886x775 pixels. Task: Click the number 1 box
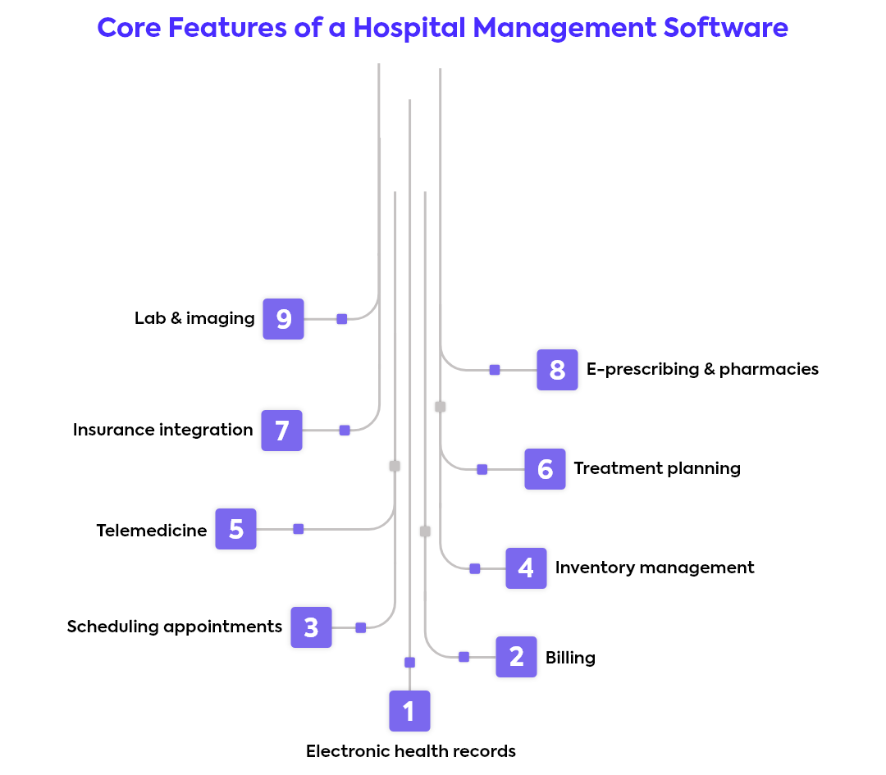(x=409, y=710)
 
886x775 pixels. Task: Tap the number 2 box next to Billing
(x=517, y=657)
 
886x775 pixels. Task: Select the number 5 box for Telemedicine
(x=235, y=529)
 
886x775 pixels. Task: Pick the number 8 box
(x=557, y=370)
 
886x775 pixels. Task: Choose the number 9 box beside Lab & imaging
(x=283, y=319)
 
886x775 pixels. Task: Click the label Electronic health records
(x=411, y=751)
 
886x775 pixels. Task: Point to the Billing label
(x=570, y=658)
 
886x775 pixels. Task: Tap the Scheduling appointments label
(x=175, y=627)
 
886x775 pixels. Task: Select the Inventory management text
(x=655, y=568)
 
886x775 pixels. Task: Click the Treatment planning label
(x=657, y=469)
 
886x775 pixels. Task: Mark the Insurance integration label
(x=162, y=431)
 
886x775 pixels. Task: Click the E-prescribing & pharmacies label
(x=702, y=369)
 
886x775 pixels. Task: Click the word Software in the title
(x=725, y=27)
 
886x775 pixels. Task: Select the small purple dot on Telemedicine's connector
(x=299, y=529)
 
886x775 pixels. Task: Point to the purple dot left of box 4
(x=475, y=569)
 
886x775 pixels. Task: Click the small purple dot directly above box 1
(x=409, y=663)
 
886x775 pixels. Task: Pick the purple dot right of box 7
(x=345, y=431)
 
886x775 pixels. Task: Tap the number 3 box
(x=312, y=627)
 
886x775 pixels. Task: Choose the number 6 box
(x=545, y=469)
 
